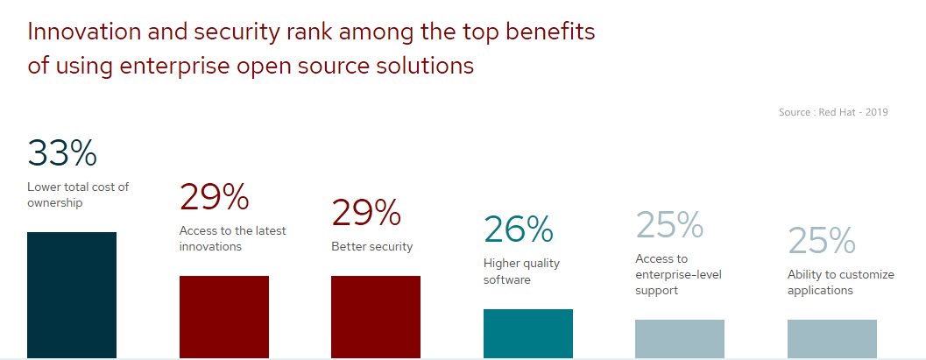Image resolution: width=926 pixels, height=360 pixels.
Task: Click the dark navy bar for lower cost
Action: [72, 295]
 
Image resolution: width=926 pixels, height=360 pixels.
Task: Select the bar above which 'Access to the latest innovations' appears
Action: [223, 317]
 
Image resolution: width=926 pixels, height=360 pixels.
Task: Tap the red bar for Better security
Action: [376, 317]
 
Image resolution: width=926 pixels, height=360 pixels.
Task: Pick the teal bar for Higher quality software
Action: [528, 334]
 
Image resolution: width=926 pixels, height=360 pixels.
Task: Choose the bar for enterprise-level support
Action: [680, 339]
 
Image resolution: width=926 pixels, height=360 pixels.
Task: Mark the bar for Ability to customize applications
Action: [832, 339]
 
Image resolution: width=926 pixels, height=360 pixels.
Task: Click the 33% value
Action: [62, 152]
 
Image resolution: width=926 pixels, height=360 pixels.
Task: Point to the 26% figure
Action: [519, 229]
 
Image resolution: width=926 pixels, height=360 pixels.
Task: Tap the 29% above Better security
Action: [366, 213]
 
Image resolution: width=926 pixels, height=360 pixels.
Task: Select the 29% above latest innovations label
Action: [215, 196]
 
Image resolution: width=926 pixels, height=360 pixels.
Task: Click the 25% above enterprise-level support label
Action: [669, 225]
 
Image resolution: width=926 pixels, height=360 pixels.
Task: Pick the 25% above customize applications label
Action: [822, 240]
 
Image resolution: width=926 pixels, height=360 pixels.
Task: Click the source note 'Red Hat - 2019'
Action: [853, 112]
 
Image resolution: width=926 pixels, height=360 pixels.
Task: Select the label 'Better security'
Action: [372, 247]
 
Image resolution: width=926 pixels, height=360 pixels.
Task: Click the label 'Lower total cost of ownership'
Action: [78, 194]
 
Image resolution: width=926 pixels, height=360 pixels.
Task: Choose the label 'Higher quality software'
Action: [521, 271]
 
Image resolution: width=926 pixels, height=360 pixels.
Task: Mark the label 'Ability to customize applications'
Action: [841, 282]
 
